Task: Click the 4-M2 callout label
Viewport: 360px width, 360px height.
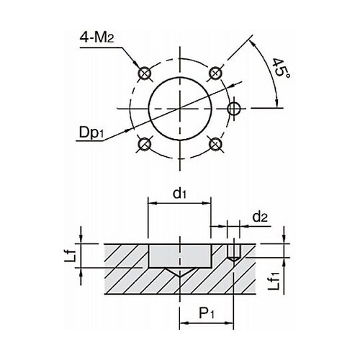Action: tap(96, 37)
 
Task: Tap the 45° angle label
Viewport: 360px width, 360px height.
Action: tap(281, 68)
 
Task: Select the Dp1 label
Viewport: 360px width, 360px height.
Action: tap(91, 132)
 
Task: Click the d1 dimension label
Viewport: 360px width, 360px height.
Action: tap(179, 194)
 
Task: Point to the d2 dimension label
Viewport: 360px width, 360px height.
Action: tap(260, 217)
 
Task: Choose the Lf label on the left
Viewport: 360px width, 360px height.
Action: tap(71, 256)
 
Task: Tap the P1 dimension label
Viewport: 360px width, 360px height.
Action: tap(207, 313)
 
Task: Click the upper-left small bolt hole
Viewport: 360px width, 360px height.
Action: tap(145, 73)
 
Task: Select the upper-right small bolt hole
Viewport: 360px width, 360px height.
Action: tap(215, 73)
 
